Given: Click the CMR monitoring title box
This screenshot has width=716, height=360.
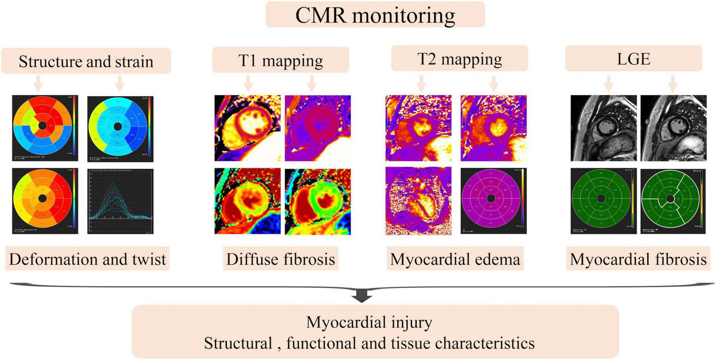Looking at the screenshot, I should [x=375, y=15].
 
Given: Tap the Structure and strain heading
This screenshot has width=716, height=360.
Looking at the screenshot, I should [x=86, y=61].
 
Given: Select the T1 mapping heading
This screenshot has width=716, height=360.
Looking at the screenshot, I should [x=280, y=60].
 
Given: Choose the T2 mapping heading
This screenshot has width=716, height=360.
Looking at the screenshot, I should [x=459, y=59].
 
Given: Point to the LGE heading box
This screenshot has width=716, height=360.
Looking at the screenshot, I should [x=633, y=59].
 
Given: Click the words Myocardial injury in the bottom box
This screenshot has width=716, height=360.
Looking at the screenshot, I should [x=369, y=322].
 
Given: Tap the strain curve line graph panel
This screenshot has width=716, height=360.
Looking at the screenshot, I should [x=120, y=201].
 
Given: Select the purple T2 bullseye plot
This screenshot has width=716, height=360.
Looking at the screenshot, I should [x=493, y=200].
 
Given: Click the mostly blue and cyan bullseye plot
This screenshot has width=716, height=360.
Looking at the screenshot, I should [x=120, y=128].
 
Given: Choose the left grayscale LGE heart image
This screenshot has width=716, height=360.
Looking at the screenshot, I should [x=603, y=128].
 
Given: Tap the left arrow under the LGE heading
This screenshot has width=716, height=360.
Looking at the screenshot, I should [x=609, y=84].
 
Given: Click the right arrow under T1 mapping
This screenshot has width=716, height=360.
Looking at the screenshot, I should [x=311, y=84].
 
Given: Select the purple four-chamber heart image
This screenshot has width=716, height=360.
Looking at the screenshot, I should [x=418, y=201].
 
